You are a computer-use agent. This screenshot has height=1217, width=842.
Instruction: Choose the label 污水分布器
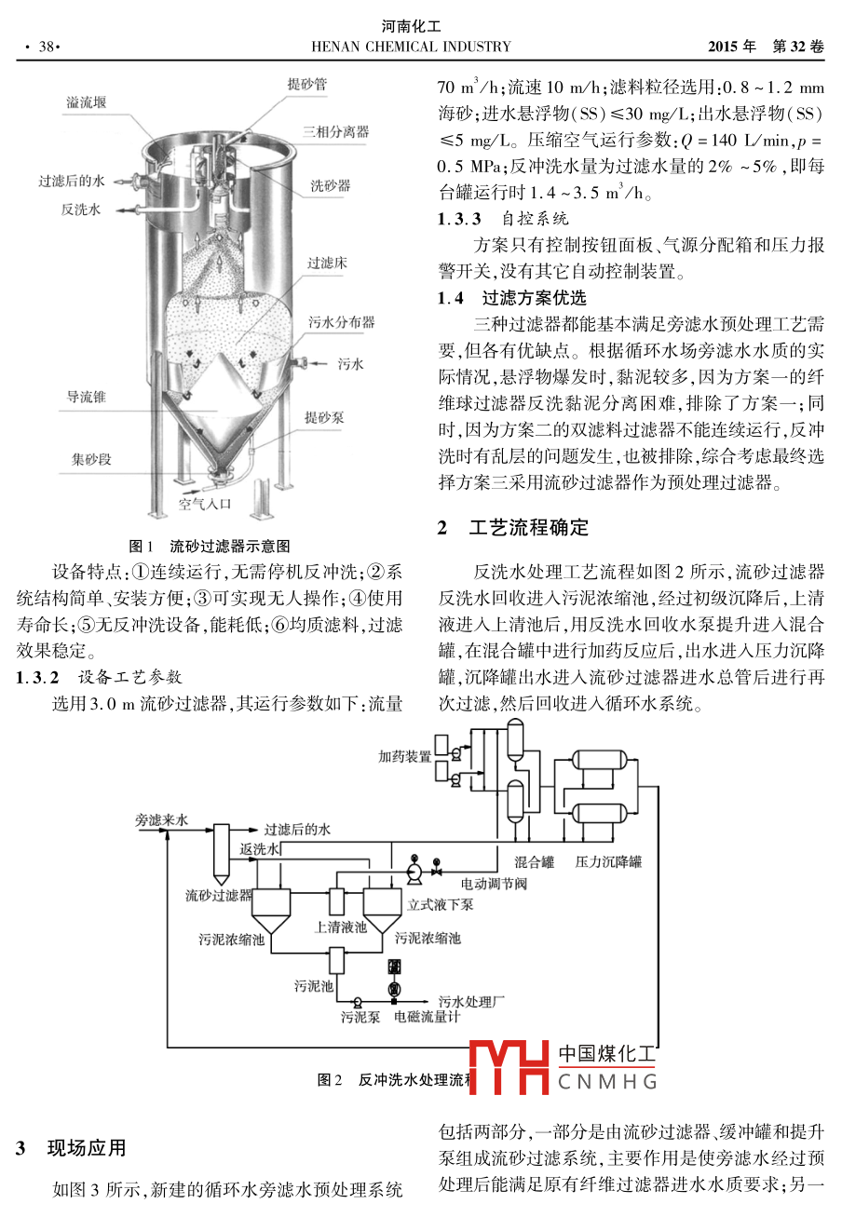tap(341, 322)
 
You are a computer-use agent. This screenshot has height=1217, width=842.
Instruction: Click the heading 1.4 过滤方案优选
tap(512, 299)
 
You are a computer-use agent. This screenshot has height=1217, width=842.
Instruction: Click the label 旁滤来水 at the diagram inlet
tap(161, 820)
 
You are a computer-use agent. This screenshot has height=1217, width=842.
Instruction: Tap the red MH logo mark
tap(509, 1067)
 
